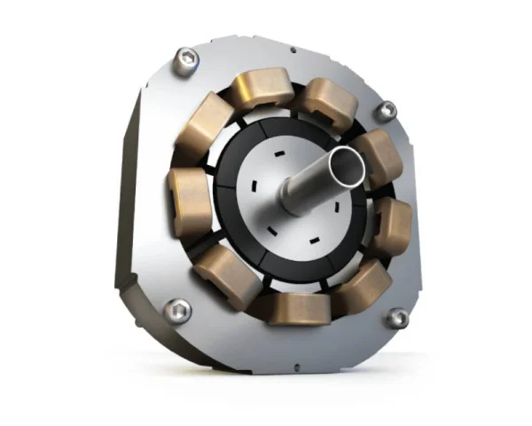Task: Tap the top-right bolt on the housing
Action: [x=386, y=111]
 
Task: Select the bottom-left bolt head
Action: [x=176, y=311]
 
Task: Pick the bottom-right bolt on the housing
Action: [x=398, y=318]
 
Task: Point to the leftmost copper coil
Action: [x=189, y=202]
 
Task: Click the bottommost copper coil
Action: [x=300, y=308]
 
